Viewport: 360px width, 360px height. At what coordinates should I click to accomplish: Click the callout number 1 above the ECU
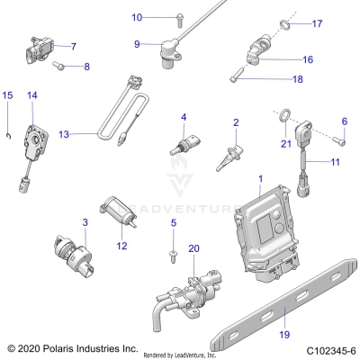tap(261, 179)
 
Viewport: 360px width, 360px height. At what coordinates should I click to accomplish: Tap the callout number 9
tap(137, 44)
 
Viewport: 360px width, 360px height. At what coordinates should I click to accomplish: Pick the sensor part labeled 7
tap(35, 49)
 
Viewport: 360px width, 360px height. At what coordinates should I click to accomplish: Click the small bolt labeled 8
tap(59, 65)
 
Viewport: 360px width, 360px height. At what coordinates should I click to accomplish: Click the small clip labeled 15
tap(8, 135)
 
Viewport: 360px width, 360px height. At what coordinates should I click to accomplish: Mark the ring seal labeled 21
tap(286, 115)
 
